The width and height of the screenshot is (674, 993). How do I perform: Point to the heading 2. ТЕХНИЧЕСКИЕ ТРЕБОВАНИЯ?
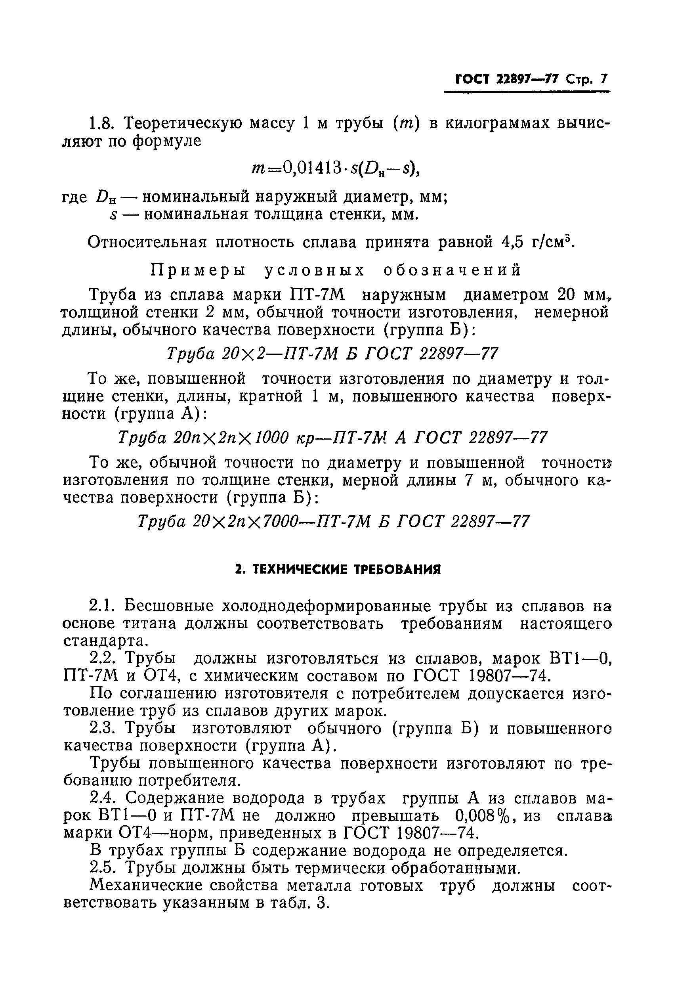tap(338, 570)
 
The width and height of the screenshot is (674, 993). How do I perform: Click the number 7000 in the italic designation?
tap(284, 521)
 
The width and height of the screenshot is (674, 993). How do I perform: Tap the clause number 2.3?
tap(103, 728)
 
